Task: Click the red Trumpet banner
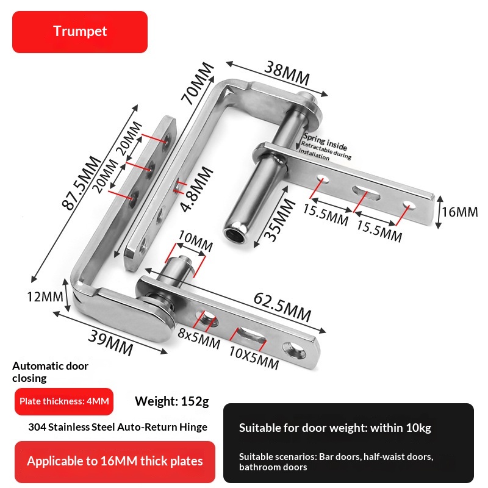coord(80,32)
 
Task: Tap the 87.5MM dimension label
coord(82,183)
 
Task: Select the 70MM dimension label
coord(197,83)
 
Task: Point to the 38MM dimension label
coord(287,73)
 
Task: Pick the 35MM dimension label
coord(279,220)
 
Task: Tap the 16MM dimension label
coord(460,212)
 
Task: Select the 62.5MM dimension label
coord(282,307)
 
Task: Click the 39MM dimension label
coord(111,343)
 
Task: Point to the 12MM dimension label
coord(45,296)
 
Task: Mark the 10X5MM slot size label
coord(254,357)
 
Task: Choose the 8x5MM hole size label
coord(199,339)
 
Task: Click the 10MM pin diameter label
coord(195,241)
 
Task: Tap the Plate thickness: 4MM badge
coord(64,401)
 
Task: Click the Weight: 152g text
coord(172,401)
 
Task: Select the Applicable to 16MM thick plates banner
coord(115,462)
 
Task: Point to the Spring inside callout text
coord(325,142)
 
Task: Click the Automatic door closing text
coord(50,372)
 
